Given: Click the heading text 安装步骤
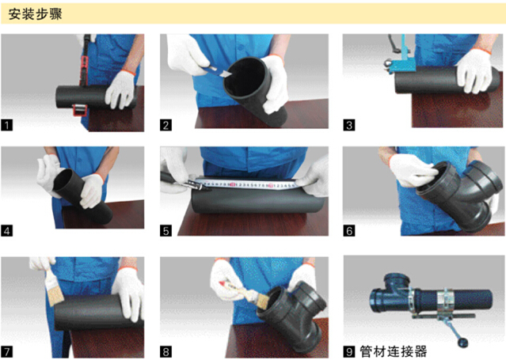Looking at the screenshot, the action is click(35, 14).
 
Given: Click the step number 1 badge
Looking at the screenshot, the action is click(7, 125).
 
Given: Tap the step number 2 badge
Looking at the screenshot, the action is click(165, 125).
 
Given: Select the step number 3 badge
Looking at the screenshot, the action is click(349, 125).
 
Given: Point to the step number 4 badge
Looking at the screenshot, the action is click(7, 231).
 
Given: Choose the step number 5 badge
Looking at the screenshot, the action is click(165, 231).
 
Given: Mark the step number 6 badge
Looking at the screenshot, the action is click(349, 231).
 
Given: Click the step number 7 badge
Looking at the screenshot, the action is click(7, 351).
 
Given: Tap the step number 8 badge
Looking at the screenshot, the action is click(165, 351).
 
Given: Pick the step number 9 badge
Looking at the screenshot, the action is click(349, 351).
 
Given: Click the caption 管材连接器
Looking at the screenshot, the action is click(393, 351).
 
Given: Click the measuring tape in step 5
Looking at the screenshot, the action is click(249, 184).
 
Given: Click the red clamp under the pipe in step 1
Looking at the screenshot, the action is click(79, 110).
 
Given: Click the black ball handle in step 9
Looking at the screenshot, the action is click(462, 342).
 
